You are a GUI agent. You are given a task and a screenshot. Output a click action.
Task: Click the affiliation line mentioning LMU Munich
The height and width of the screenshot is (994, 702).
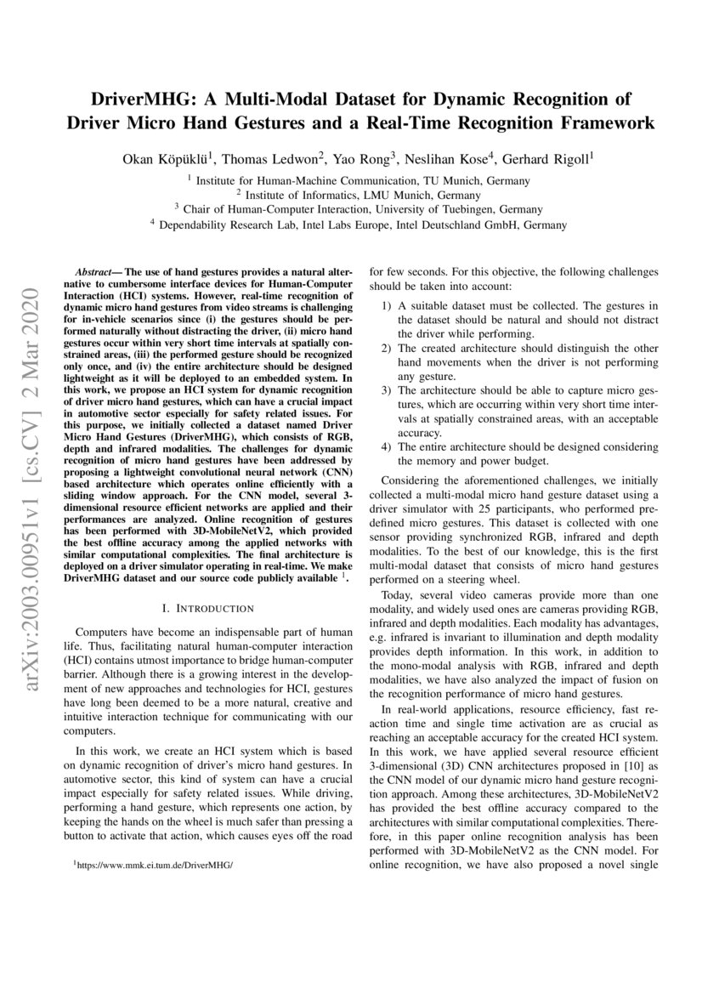pyautogui.click(x=351, y=195)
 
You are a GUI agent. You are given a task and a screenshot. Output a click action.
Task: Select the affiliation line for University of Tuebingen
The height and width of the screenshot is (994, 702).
pyautogui.click(x=351, y=209)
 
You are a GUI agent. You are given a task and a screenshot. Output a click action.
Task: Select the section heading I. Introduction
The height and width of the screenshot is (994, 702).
pyautogui.click(x=208, y=609)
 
